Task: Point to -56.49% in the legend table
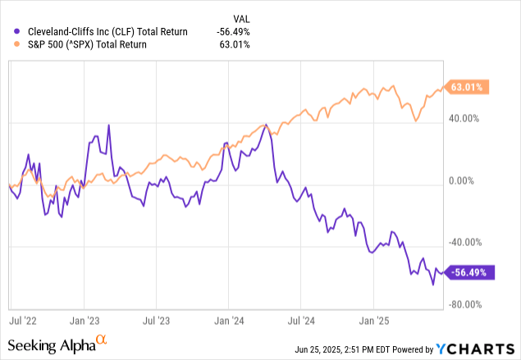(232, 32)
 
